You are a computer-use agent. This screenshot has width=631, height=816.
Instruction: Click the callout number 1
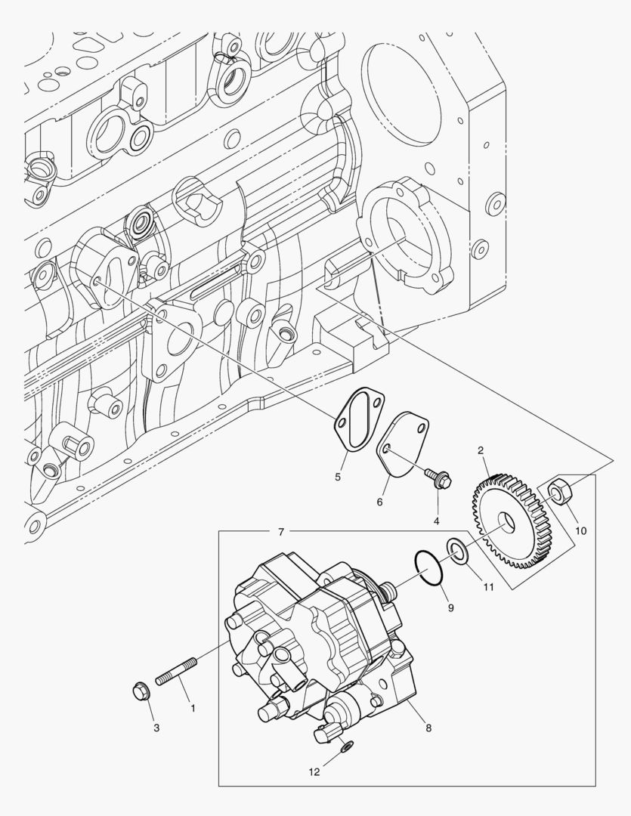tap(192, 708)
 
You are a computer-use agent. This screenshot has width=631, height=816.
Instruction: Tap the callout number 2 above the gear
tap(481, 451)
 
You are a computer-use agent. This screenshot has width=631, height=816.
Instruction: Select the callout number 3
tap(156, 728)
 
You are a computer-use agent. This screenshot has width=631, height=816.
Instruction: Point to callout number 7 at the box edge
tap(280, 532)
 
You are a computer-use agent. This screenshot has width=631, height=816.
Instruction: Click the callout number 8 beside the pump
tap(428, 728)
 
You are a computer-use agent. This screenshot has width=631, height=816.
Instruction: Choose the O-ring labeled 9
tap(428, 568)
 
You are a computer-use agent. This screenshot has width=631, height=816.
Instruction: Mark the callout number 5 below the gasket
tap(339, 476)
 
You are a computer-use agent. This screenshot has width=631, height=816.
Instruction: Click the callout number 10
tap(580, 530)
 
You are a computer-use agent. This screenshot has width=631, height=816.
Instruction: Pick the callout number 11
tap(487, 586)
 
